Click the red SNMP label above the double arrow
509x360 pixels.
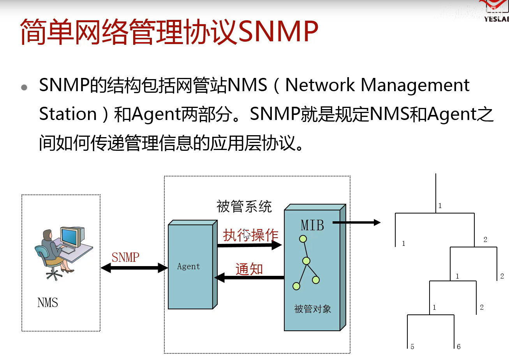click(x=125, y=257)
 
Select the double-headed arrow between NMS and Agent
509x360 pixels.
click(x=134, y=268)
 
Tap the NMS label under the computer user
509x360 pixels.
click(x=48, y=303)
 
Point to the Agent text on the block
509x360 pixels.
click(x=188, y=266)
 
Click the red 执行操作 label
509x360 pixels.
click(x=250, y=235)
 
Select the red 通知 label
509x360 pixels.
click(x=249, y=269)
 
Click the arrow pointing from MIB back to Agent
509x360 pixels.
click(x=249, y=277)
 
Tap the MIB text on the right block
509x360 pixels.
click(x=312, y=225)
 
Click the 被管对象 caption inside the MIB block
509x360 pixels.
click(x=312, y=309)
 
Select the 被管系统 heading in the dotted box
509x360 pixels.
click(x=244, y=206)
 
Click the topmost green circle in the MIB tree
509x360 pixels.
click(x=303, y=238)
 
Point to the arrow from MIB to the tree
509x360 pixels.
click(x=356, y=222)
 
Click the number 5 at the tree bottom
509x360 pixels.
click(x=412, y=346)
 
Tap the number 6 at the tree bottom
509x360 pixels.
click(x=459, y=346)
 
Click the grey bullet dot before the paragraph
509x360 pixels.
click(x=25, y=87)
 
